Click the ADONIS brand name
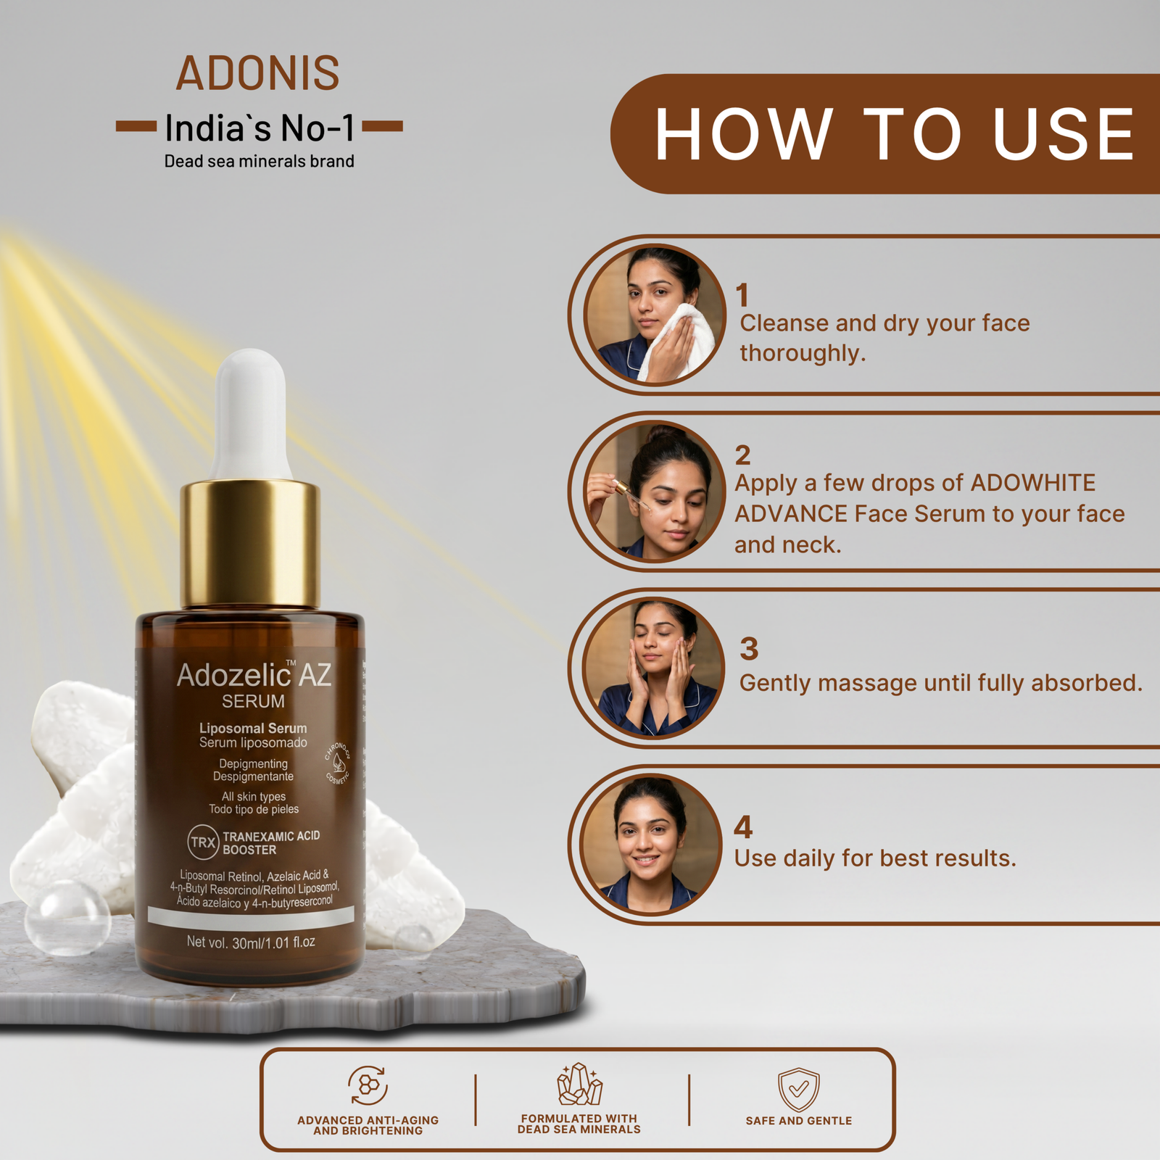coord(257,73)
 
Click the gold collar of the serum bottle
coord(250,544)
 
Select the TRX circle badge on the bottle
coord(203,842)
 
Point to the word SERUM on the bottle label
coord(253,702)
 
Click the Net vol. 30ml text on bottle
coord(251,942)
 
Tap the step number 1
coord(742,295)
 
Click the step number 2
coord(742,455)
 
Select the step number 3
coord(749,649)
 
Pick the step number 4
coord(743,827)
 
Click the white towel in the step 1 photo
coord(671,341)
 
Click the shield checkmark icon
coord(798,1090)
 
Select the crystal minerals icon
coord(579,1085)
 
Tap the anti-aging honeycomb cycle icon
coord(368,1085)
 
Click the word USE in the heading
coord(1063,134)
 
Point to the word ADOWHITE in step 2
coord(1033,483)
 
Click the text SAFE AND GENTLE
coord(799,1121)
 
